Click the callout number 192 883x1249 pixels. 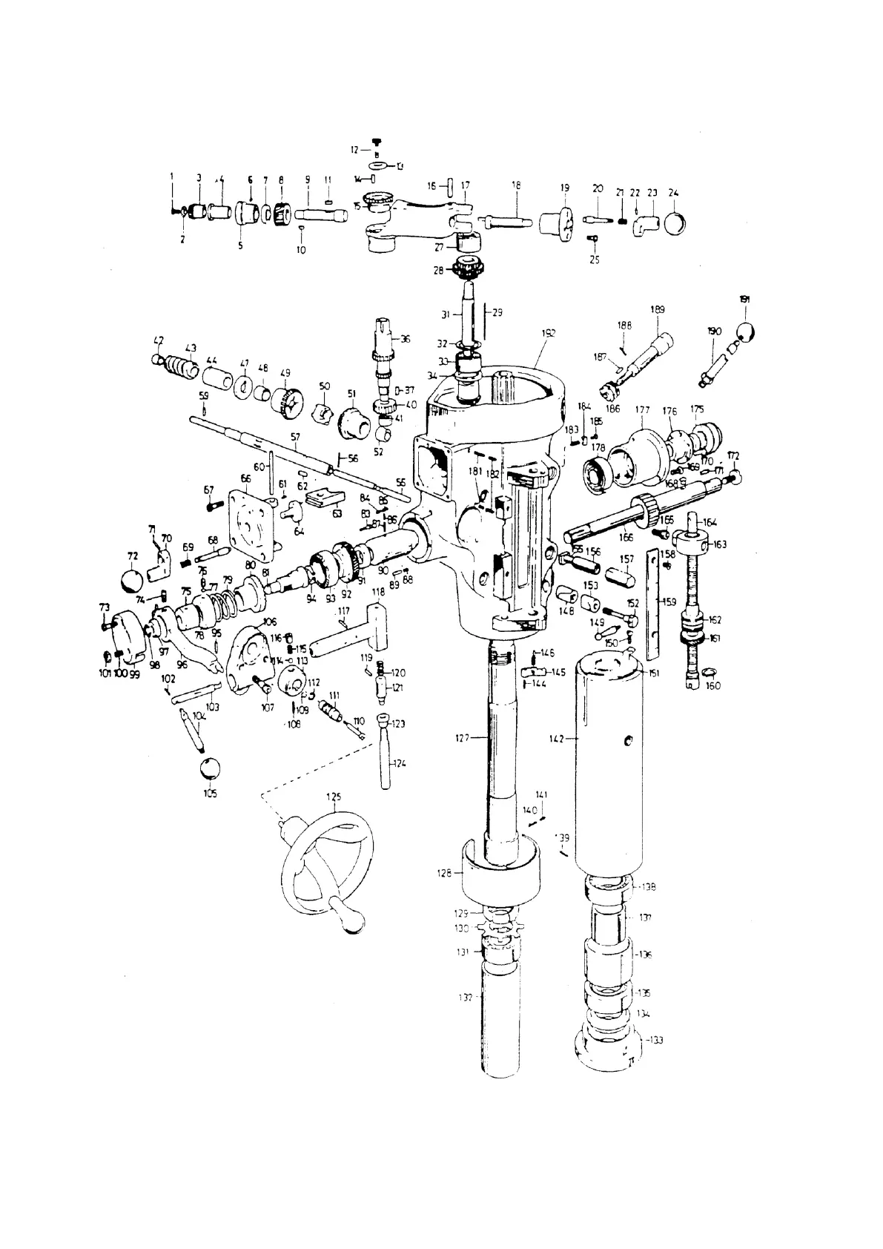click(x=548, y=333)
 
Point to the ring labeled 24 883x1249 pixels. click(x=675, y=221)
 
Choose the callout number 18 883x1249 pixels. click(x=516, y=186)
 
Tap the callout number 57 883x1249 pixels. click(x=294, y=438)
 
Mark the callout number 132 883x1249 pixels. click(x=465, y=998)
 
